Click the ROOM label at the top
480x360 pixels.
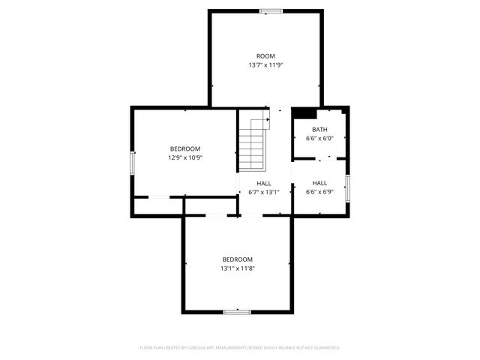pos(265,56)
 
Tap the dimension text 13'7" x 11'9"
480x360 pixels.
pos(265,65)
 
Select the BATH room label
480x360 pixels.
pos(319,130)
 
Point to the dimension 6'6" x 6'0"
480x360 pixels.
pos(319,139)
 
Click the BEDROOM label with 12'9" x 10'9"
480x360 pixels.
pos(185,148)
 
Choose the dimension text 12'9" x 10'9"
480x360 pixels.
pos(185,157)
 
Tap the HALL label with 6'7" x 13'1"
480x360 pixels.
pos(264,183)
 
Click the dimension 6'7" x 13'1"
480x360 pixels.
pos(264,192)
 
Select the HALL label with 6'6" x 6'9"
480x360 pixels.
pos(319,183)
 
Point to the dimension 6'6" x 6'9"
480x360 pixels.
pos(319,192)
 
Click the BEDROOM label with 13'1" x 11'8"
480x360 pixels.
pos(237,259)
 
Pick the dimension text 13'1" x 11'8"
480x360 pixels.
pos(237,268)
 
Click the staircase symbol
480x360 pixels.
pos(253,145)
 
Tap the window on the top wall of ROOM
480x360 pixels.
pos(271,10)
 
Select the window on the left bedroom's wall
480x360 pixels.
pos(133,163)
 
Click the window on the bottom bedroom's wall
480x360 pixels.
pos(236,311)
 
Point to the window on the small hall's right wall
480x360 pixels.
pos(347,185)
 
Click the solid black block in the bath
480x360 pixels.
pos(304,113)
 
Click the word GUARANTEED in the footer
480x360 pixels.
pos(323,348)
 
